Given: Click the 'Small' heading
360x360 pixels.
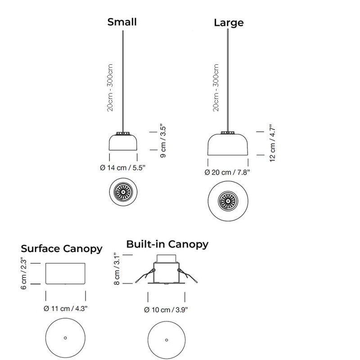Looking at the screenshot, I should pyautogui.click(x=121, y=22).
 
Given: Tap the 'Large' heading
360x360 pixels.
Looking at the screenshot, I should pyautogui.click(x=229, y=22).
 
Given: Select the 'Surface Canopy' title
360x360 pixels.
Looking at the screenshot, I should pyautogui.click(x=62, y=249).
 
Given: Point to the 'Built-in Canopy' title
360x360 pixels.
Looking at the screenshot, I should pyautogui.click(x=167, y=244).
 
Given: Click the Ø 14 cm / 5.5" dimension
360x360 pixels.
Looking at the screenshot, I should pyautogui.click(x=122, y=168).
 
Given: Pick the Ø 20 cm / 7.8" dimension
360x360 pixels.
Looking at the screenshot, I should pyautogui.click(x=227, y=172).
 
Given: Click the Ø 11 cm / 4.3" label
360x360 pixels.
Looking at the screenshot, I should pyautogui.click(x=65, y=309).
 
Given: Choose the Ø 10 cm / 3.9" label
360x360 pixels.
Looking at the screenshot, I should pyautogui.click(x=166, y=309).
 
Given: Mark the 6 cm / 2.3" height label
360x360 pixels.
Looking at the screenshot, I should pyautogui.click(x=25, y=274).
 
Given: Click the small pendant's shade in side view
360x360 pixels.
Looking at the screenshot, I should pyautogui.click(x=122, y=143).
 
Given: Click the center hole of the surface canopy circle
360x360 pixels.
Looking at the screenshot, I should pyautogui.click(x=65, y=338).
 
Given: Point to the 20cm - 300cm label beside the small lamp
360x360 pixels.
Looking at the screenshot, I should pyautogui.click(x=111, y=88).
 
